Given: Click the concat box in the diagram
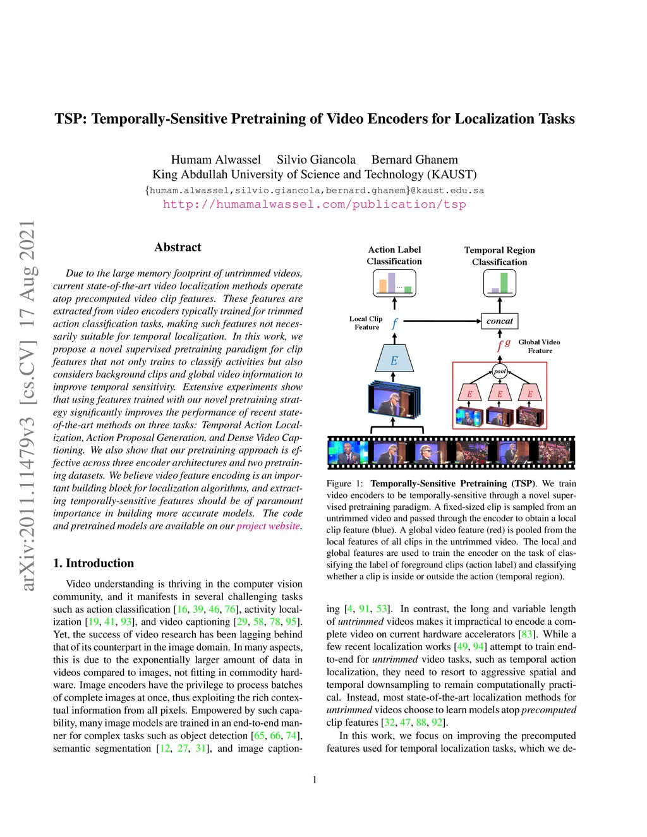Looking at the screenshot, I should pyautogui.click(x=500, y=321).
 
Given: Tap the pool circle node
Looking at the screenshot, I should pyautogui.click(x=500, y=371).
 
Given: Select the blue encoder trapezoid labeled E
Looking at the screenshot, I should pyautogui.click(x=394, y=359).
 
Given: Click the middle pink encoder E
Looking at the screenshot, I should pyautogui.click(x=500, y=393).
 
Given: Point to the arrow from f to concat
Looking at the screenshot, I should pyautogui.click(x=442, y=321).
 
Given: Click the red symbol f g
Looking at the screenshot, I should pyautogui.click(x=503, y=344).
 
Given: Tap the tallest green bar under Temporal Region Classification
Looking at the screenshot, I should pyautogui.click(x=504, y=282).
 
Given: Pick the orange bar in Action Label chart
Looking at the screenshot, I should pyautogui.click(x=382, y=286).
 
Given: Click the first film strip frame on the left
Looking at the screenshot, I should pyautogui.click(x=348, y=452).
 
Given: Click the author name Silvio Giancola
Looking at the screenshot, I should pyautogui.click(x=316, y=160).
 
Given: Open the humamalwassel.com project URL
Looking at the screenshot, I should pyautogui.click(x=314, y=205).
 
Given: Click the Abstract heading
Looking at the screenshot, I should pyautogui.click(x=178, y=248).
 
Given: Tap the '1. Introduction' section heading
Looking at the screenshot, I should pyautogui.click(x=94, y=563).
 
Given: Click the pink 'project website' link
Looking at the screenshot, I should pyautogui.click(x=268, y=526).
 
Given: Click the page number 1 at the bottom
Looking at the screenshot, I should pyautogui.click(x=315, y=780).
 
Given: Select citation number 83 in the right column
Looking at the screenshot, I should pyautogui.click(x=526, y=634).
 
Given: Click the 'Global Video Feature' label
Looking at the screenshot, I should pyautogui.click(x=539, y=346).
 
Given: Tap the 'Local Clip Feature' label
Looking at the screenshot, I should pyautogui.click(x=366, y=323).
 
